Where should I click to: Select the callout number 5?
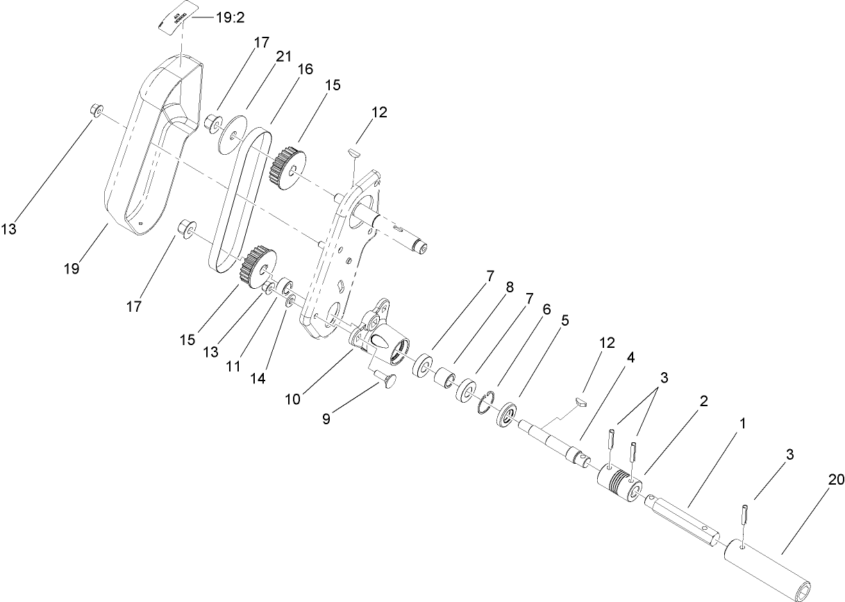(565, 320)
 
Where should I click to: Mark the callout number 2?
(704, 401)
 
